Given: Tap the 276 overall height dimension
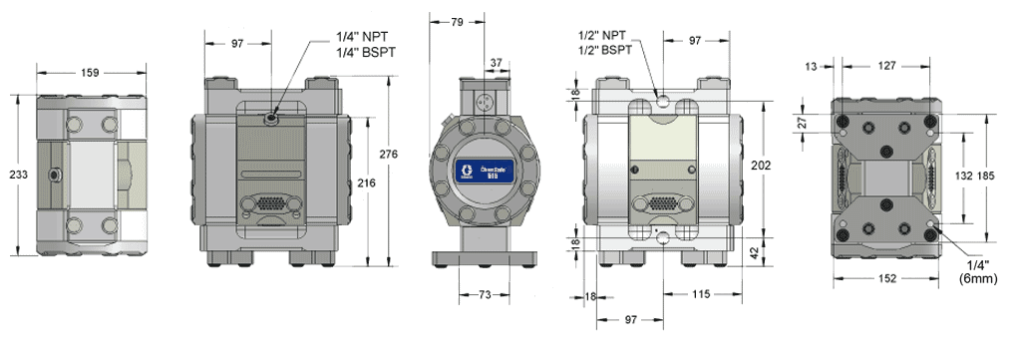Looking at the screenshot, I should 390,154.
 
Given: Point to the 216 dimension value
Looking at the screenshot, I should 367,184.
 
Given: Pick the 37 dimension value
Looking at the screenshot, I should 497,63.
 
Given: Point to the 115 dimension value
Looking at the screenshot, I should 703,297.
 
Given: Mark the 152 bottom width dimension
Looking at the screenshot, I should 887,278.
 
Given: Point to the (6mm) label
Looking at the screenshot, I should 976,282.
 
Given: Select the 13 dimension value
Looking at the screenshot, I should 812,65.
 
